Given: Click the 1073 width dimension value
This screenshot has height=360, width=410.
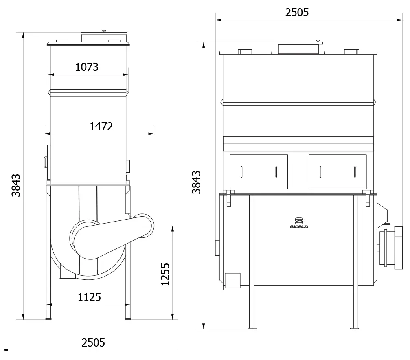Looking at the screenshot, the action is click(x=87, y=67).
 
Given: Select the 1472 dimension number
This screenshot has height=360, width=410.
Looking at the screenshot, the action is click(x=101, y=127).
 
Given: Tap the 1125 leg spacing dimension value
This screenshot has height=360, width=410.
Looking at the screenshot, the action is click(x=89, y=297).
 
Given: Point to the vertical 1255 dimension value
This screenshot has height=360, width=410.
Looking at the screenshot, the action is click(x=165, y=274).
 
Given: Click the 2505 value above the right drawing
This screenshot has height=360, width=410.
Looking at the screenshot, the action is click(x=297, y=13).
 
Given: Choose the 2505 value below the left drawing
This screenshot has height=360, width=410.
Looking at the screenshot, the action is click(x=93, y=343).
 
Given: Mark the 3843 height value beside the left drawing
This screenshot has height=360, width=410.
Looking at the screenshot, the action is click(x=16, y=185).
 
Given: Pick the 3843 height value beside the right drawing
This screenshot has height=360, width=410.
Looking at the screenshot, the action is click(x=196, y=182).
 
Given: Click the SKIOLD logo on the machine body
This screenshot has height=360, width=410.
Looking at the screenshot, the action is click(x=299, y=223).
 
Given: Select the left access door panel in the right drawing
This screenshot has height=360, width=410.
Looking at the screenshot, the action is click(x=259, y=172).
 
